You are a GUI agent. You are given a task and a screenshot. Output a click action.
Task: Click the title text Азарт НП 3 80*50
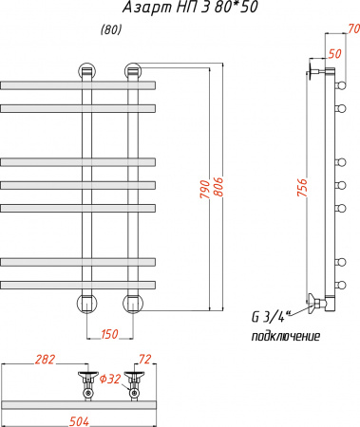point(190,8)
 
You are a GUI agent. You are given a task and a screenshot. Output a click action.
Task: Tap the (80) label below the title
point(111,30)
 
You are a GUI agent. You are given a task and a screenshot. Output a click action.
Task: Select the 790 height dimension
point(205,189)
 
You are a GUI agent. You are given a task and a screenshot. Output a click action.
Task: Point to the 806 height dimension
point(218,187)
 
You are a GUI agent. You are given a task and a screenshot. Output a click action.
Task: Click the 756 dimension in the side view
point(302,188)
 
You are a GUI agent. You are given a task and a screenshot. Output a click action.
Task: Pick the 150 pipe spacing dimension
point(109,334)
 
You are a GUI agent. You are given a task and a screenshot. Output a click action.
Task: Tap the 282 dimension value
point(45,360)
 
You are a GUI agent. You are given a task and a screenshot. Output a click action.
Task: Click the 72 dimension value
point(145,360)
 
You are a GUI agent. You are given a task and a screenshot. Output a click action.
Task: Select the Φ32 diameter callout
point(110,379)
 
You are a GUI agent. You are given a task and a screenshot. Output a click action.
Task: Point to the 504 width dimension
point(79,421)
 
